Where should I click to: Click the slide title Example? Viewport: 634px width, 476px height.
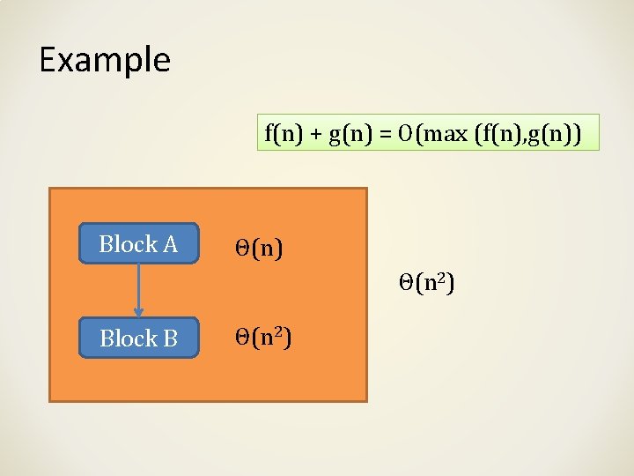pyautogui.click(x=105, y=60)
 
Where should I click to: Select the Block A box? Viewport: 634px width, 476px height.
pyautogui.click(x=139, y=244)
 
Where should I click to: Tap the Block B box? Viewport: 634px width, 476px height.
pyautogui.click(x=139, y=338)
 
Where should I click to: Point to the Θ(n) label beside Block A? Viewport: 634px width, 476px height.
pyautogui.click(x=258, y=249)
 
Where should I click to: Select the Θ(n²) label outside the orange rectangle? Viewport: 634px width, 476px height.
pyautogui.click(x=426, y=284)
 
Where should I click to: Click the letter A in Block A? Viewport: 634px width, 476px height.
pyautogui.click(x=170, y=244)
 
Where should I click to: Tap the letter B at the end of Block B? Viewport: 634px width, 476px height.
pyautogui.click(x=170, y=338)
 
